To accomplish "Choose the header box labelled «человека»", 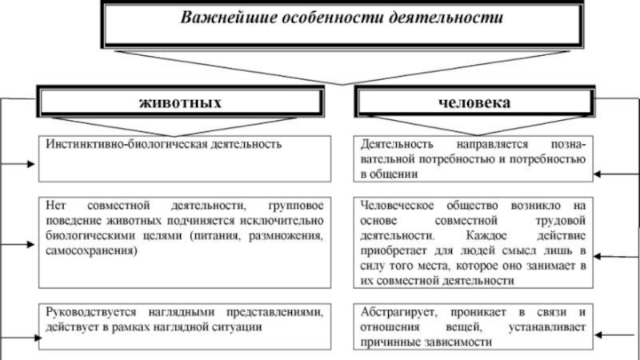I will [474, 102].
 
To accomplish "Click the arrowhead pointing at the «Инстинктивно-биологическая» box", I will [31, 164].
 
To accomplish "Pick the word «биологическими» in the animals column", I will [86, 238].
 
